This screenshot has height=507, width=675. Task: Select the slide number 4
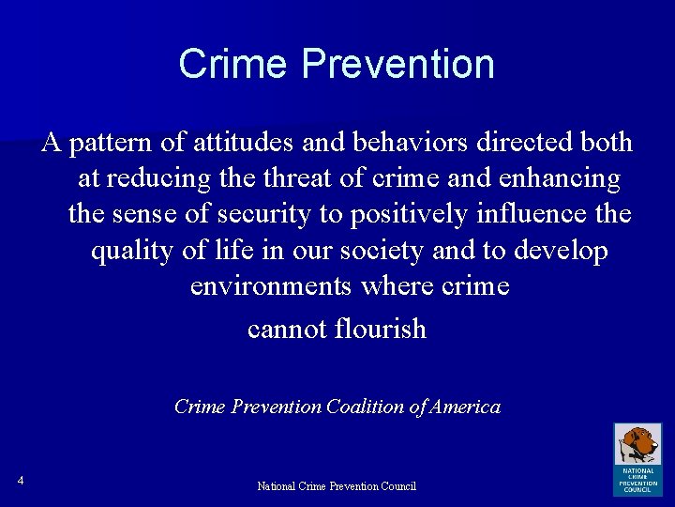click(x=20, y=482)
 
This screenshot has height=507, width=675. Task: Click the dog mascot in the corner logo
click(x=637, y=443)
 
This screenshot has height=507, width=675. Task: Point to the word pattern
click(x=103, y=143)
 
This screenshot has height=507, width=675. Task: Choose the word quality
click(x=127, y=252)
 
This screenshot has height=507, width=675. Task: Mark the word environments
click(x=271, y=285)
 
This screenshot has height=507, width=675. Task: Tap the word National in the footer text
click(x=277, y=486)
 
